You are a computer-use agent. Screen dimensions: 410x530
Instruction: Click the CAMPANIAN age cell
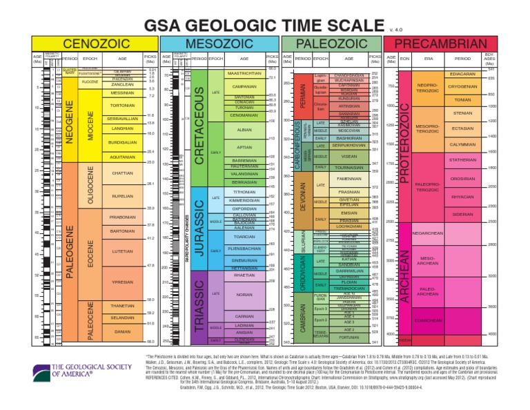pos(243,87)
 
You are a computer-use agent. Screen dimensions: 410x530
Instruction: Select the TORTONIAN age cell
pos(122,106)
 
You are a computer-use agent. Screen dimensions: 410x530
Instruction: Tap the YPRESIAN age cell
pos(122,282)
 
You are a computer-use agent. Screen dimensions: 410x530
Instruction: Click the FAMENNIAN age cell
pos(348,178)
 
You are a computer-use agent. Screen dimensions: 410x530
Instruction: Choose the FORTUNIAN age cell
pos(349,338)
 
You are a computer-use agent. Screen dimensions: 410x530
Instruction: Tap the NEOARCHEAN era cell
pos(442,233)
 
